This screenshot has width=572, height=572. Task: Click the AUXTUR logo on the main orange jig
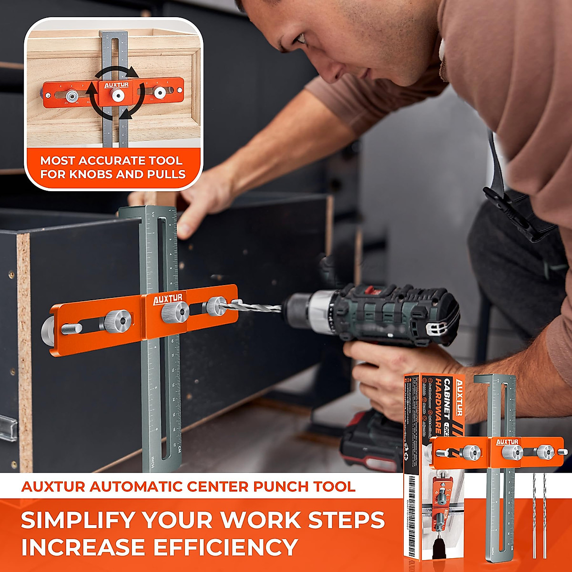coord(167,299)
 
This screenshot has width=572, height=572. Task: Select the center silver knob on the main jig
coord(175,313)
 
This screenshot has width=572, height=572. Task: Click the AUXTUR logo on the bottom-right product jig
coord(507,442)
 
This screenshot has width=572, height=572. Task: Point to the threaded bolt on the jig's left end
coord(71,328)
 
